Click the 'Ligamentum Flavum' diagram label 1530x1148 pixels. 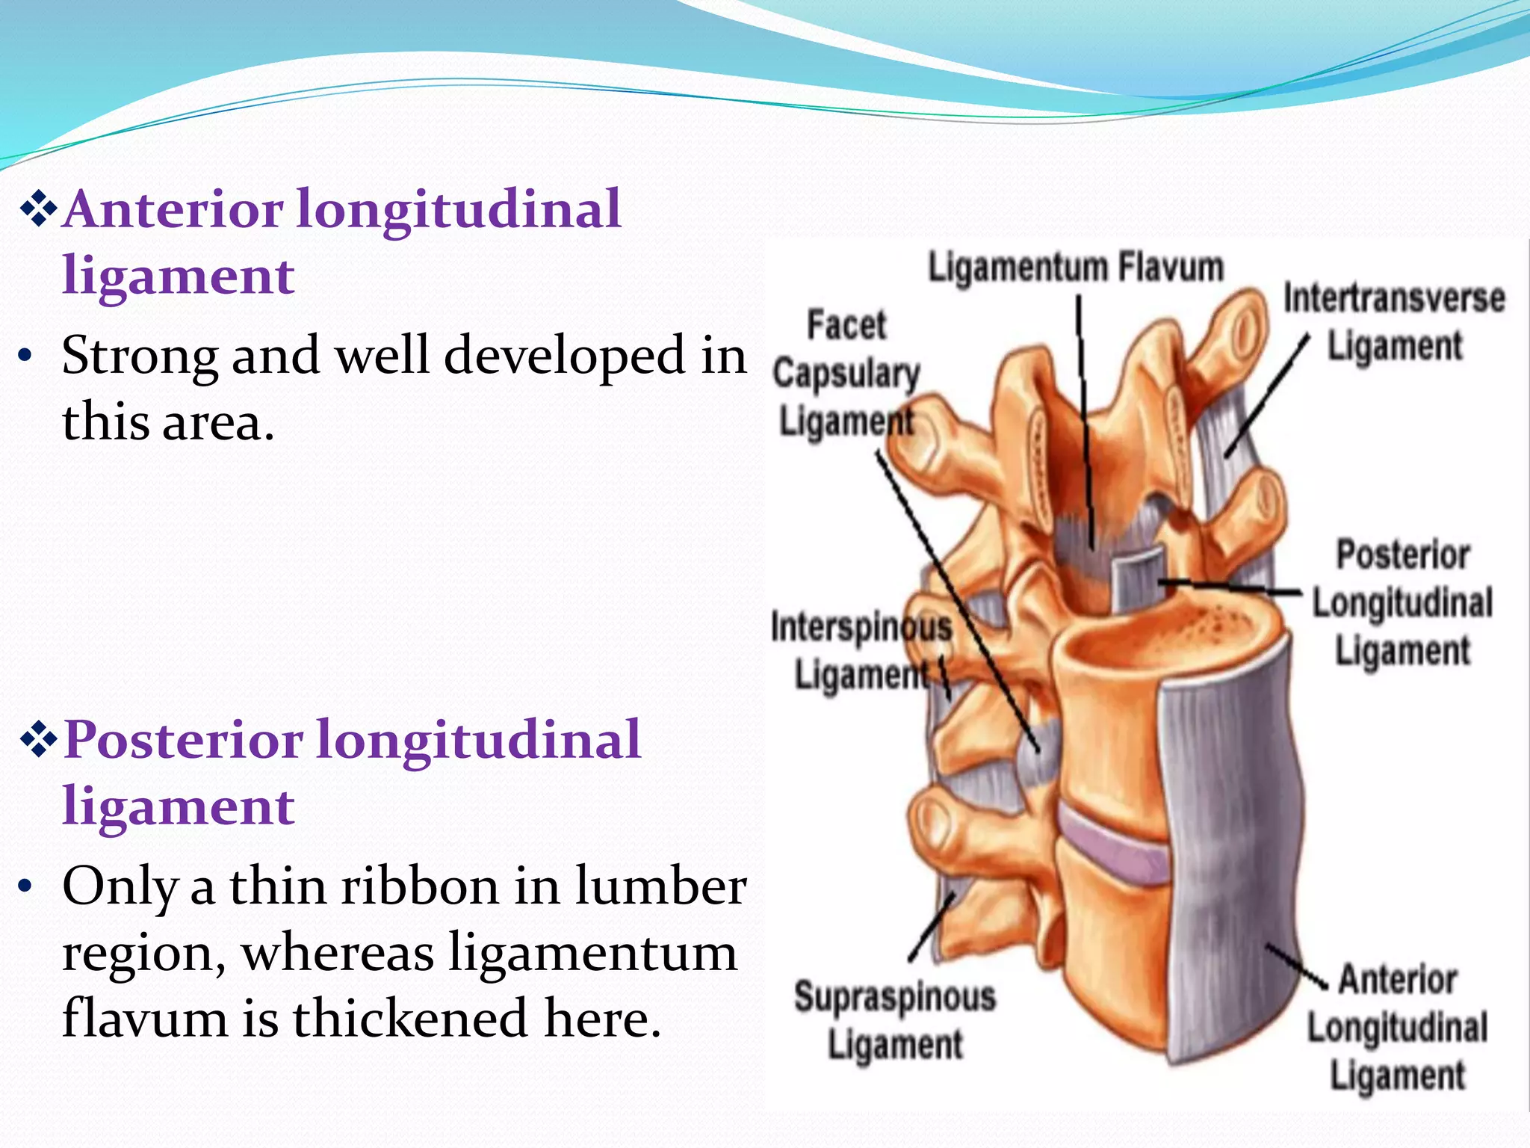[1075, 268]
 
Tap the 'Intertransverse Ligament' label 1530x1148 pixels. [1394, 321]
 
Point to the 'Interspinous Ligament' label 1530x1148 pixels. [861, 650]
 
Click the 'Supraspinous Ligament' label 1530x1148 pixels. [895, 1020]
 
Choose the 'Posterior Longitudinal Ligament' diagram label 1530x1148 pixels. [1402, 602]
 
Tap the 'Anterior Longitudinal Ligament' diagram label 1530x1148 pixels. [1397, 1028]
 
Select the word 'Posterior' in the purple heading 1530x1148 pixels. [183, 740]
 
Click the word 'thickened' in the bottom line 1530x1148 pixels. [411, 1019]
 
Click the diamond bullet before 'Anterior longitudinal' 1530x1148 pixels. [39, 210]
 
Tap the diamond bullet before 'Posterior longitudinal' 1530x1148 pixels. [39, 741]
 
